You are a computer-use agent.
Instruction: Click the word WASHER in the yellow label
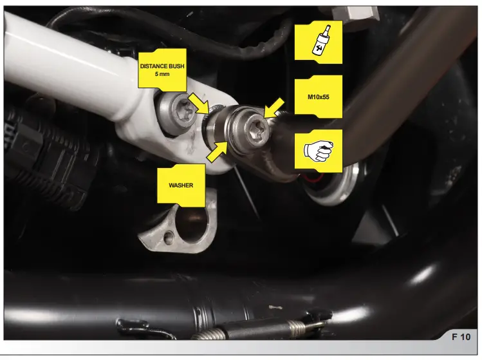point(181,185)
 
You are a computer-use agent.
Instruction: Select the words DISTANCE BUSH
point(163,65)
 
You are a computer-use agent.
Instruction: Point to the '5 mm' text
point(163,74)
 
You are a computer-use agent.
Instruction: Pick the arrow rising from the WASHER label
point(216,151)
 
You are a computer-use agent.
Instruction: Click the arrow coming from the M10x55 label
point(273,107)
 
